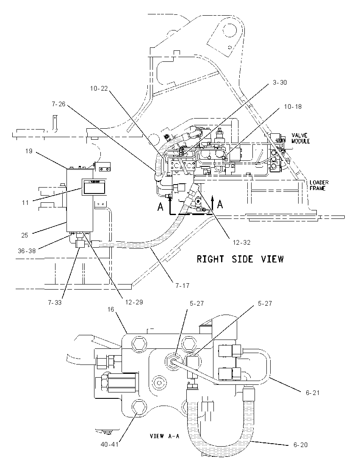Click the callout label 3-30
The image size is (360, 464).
280,83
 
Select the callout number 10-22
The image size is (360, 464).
99,88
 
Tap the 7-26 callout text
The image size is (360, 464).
58,104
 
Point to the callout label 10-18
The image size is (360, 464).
293,107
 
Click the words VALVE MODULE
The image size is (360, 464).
300,138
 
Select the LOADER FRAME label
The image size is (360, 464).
319,185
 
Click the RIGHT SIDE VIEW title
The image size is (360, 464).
241,259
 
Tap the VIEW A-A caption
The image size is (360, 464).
165,436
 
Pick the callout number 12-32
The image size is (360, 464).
241,243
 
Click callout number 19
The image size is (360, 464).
29,151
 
